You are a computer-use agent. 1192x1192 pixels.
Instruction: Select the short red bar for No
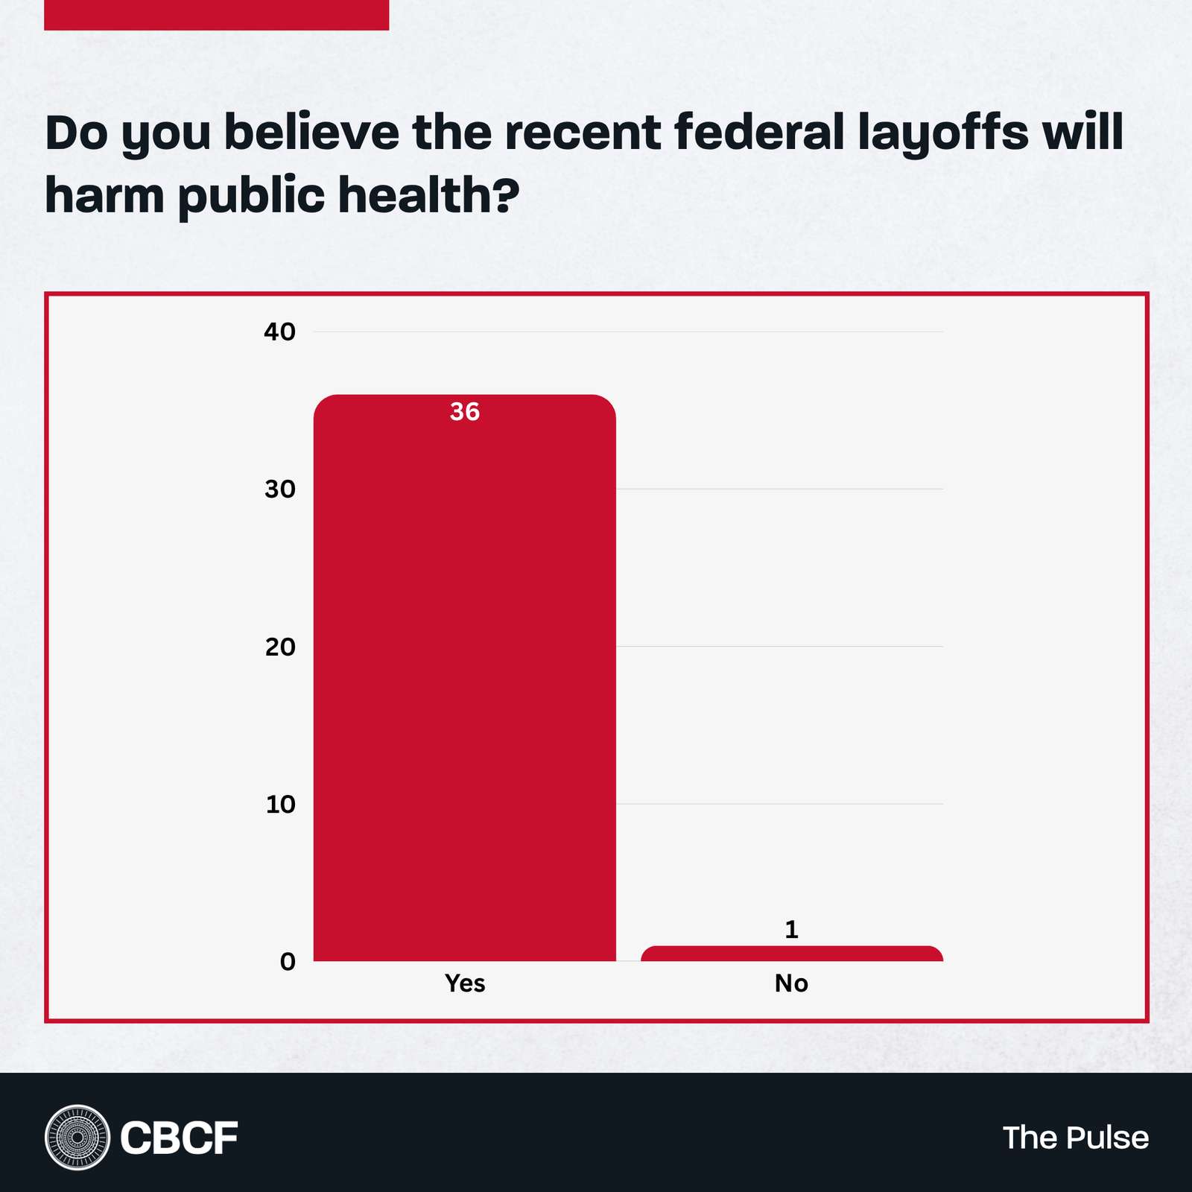click(x=791, y=954)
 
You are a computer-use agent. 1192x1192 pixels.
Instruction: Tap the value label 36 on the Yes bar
click(x=465, y=412)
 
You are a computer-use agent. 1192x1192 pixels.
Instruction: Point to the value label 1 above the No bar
click(x=791, y=929)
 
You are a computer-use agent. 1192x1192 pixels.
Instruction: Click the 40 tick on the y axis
click(x=280, y=332)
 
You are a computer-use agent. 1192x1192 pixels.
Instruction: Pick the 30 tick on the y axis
click(x=280, y=489)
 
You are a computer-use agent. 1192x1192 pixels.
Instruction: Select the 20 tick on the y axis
click(x=280, y=647)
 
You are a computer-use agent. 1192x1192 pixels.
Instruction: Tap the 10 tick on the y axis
click(x=280, y=805)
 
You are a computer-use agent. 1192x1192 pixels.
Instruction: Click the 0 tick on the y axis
click(x=288, y=962)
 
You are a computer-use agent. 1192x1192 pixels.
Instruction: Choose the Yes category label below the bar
click(x=465, y=983)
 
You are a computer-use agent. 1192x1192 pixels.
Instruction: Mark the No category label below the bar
click(x=791, y=983)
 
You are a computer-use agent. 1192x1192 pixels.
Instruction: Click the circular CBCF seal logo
click(x=77, y=1138)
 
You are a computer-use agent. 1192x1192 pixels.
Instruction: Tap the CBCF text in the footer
click(x=179, y=1138)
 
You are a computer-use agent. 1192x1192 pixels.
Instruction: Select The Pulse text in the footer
click(x=1075, y=1138)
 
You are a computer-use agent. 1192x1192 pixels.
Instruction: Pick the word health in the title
click(x=419, y=195)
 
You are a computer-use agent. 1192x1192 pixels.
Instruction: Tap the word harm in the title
click(x=104, y=195)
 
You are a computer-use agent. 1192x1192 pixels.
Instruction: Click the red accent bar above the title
click(x=216, y=15)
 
